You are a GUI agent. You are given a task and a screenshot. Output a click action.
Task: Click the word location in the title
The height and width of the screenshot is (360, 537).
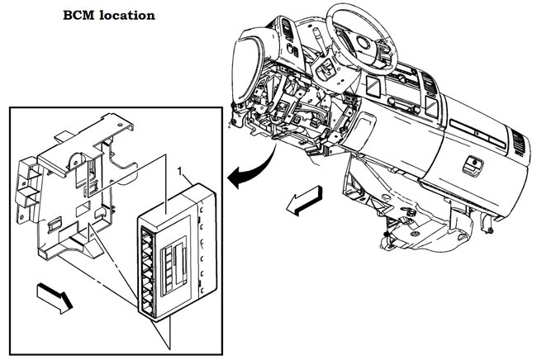tap(126, 15)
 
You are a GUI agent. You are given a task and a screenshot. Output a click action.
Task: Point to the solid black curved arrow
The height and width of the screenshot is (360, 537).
tap(251, 168)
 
